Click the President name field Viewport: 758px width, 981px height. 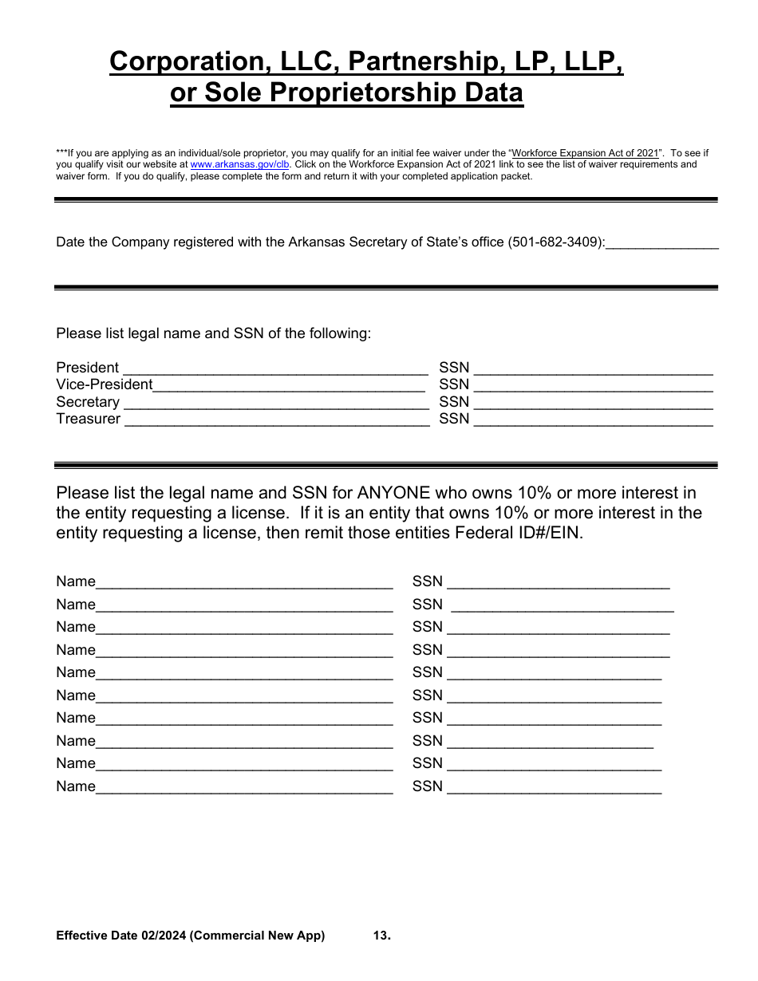click(x=275, y=368)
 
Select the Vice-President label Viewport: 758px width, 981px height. click(x=104, y=384)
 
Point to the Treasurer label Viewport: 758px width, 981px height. click(x=88, y=419)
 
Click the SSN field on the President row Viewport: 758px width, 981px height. click(x=593, y=368)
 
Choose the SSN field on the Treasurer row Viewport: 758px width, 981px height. click(x=593, y=420)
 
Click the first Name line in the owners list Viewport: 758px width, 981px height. click(x=244, y=583)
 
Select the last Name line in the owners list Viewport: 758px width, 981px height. click(x=244, y=788)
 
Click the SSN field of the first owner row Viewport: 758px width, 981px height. click(x=559, y=583)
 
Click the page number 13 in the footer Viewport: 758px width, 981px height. click(x=381, y=936)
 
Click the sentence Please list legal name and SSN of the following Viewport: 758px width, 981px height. click(x=213, y=333)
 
